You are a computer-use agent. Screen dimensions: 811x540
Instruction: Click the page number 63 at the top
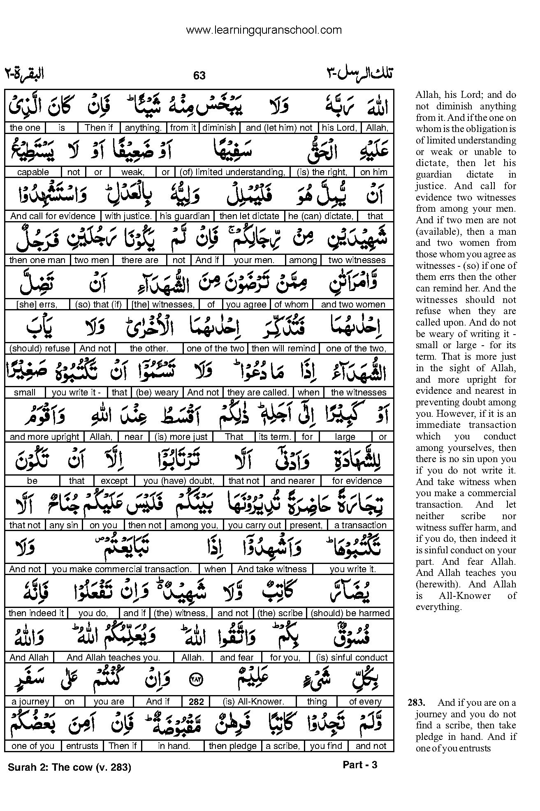click(199, 75)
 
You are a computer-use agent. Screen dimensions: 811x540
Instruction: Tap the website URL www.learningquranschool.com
click(264, 30)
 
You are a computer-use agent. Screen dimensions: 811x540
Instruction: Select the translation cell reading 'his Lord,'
click(339, 128)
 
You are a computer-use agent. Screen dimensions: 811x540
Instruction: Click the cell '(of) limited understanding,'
click(232, 172)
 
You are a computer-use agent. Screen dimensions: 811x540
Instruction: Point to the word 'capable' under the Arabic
click(33, 172)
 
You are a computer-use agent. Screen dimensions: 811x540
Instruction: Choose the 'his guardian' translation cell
click(185, 216)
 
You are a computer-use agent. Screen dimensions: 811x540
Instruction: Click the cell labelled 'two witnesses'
click(357, 260)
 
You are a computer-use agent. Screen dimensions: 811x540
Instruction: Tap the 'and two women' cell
click(353, 305)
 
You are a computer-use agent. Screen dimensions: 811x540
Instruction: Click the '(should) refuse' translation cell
click(39, 349)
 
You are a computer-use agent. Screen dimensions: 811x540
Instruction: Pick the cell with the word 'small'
click(25, 393)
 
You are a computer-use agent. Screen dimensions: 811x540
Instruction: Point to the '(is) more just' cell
click(181, 437)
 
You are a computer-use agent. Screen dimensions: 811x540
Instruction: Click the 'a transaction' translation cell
click(360, 525)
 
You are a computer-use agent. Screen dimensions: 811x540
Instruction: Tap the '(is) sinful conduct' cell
click(352, 658)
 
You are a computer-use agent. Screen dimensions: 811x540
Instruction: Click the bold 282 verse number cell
click(197, 702)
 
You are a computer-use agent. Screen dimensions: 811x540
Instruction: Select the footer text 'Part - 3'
click(359, 765)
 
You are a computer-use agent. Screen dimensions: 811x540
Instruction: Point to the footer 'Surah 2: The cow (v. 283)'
click(69, 767)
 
